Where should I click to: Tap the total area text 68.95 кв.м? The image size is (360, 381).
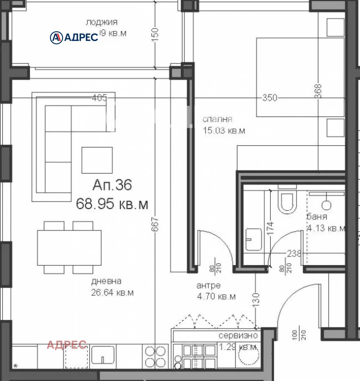click(112, 204)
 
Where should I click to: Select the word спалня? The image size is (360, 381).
click(217, 119)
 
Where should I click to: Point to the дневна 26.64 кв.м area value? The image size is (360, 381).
click(112, 293)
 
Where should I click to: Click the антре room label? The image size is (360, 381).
click(208, 286)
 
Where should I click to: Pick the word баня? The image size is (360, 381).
click(317, 217)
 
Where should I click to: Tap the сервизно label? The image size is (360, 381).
click(238, 336)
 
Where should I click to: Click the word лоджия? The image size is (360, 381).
click(102, 22)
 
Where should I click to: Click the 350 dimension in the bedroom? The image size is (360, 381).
click(270, 98)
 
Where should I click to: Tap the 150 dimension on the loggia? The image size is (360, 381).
click(155, 35)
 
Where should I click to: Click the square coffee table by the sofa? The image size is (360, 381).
click(97, 160)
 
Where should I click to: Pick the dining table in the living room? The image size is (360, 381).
click(69, 248)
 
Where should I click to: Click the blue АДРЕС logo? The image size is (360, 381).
click(74, 37)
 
